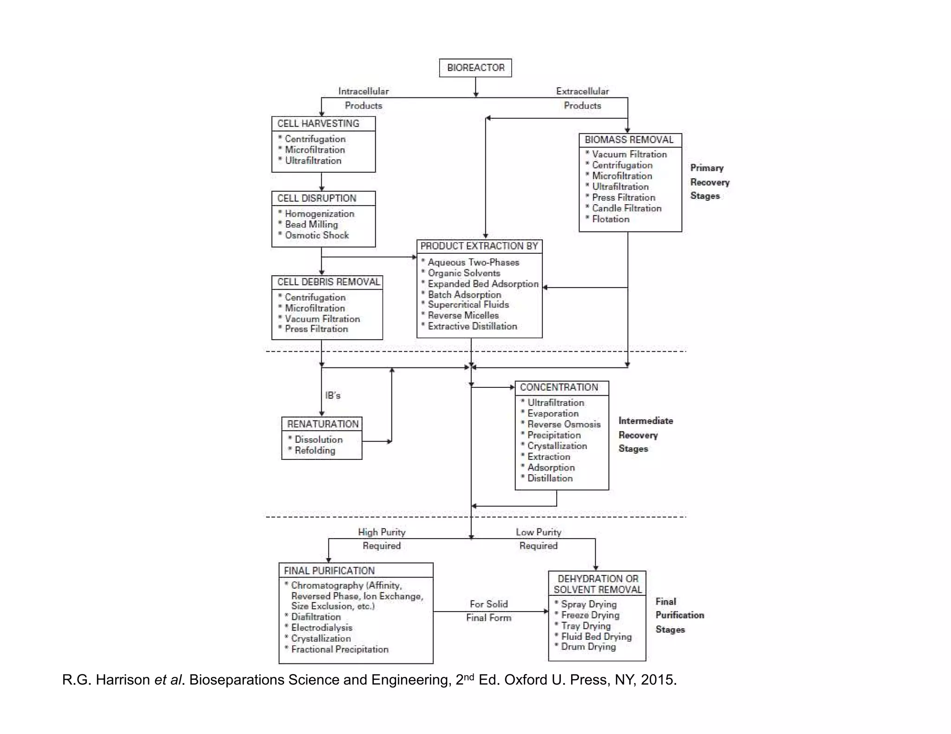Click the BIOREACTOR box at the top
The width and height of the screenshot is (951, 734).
pyautogui.click(x=475, y=68)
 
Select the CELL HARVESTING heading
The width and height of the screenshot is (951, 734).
pyautogui.click(x=318, y=123)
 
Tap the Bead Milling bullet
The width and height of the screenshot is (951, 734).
pyautogui.click(x=311, y=224)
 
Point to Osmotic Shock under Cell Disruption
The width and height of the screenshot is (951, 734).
pyautogui.click(x=317, y=235)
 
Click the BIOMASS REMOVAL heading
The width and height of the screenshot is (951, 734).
pyautogui.click(x=629, y=140)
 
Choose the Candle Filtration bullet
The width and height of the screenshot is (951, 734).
pyautogui.click(x=626, y=208)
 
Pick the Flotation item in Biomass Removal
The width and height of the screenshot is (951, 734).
pyautogui.click(x=611, y=219)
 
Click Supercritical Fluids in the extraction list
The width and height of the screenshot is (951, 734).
pyautogui.click(x=468, y=304)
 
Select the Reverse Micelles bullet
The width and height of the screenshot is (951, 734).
pyautogui.click(x=463, y=315)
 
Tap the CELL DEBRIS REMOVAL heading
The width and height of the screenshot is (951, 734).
pyautogui.click(x=328, y=282)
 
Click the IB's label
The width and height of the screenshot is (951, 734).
pyautogui.click(x=332, y=395)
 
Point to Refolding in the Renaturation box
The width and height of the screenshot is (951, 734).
pyautogui.click(x=314, y=450)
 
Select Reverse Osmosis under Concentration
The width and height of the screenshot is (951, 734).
pyautogui.click(x=564, y=424)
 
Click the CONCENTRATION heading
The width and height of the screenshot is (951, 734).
pyautogui.click(x=559, y=387)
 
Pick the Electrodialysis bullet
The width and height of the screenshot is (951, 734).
pyautogui.click(x=321, y=627)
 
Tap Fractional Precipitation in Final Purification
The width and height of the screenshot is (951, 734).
pyautogui.click(x=339, y=649)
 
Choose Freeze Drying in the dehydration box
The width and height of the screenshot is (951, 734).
pyautogui.click(x=590, y=615)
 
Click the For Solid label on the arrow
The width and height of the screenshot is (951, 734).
pyautogui.click(x=489, y=604)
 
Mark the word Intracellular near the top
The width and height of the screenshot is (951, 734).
pyautogui.click(x=363, y=91)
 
